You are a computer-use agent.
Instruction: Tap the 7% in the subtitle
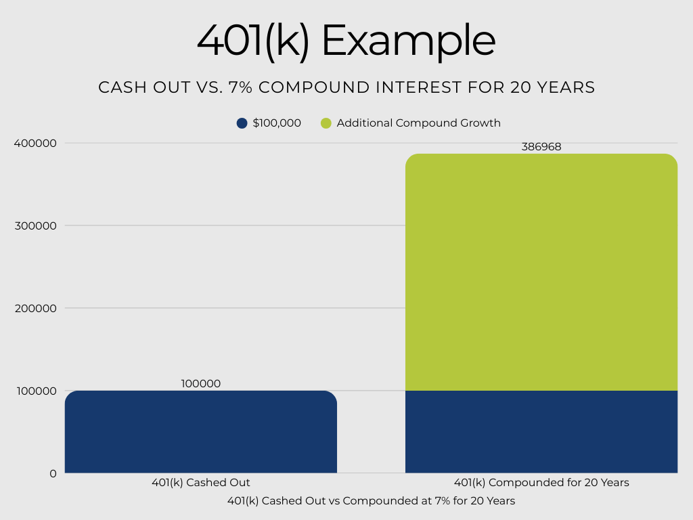pyautogui.click(x=299, y=87)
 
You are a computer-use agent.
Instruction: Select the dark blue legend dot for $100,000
pyautogui.click(x=242, y=123)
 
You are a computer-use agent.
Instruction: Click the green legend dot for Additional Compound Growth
pyautogui.click(x=326, y=123)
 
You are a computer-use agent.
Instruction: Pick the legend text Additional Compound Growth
pyautogui.click(x=418, y=123)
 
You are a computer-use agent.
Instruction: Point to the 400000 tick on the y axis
pyautogui.click(x=35, y=143)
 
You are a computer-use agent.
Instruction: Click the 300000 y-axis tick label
pyautogui.click(x=35, y=225)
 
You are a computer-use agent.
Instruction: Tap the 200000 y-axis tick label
pyautogui.click(x=35, y=308)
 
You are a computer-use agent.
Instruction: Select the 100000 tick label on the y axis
pyautogui.click(x=35, y=391)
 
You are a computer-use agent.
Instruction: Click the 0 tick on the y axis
pyautogui.click(x=53, y=473)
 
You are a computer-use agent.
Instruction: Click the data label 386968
pyautogui.click(x=541, y=146)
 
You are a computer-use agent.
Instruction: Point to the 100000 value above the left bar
pyautogui.click(x=201, y=383)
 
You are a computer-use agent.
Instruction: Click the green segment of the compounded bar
pyautogui.click(x=541, y=271)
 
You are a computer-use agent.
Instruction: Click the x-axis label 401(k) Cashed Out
pyautogui.click(x=201, y=483)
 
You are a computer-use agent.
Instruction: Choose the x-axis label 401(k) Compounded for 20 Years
pyautogui.click(x=541, y=483)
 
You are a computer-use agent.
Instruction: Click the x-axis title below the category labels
pyautogui.click(x=371, y=501)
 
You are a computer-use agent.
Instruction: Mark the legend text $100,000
pyautogui.click(x=277, y=123)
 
